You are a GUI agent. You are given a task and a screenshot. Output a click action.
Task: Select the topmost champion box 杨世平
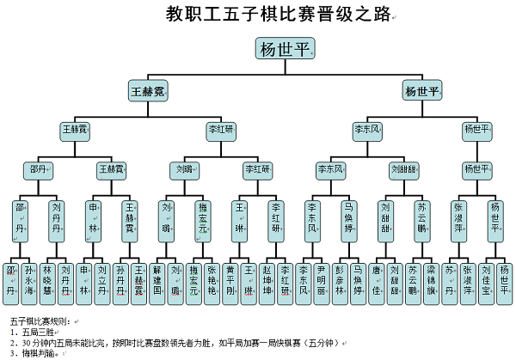point(285,48)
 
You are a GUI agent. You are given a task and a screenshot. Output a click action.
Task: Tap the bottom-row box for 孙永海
point(29,279)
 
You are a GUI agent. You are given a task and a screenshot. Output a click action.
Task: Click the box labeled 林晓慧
point(48,279)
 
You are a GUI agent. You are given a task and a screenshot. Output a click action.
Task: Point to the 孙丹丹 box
point(121,279)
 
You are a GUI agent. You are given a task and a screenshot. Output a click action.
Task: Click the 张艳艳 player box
point(212,279)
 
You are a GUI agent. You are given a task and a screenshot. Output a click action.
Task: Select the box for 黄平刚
point(230,279)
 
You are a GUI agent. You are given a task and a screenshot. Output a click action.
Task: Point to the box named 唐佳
point(376,279)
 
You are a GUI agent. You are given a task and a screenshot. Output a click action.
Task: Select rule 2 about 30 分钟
point(172,341)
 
